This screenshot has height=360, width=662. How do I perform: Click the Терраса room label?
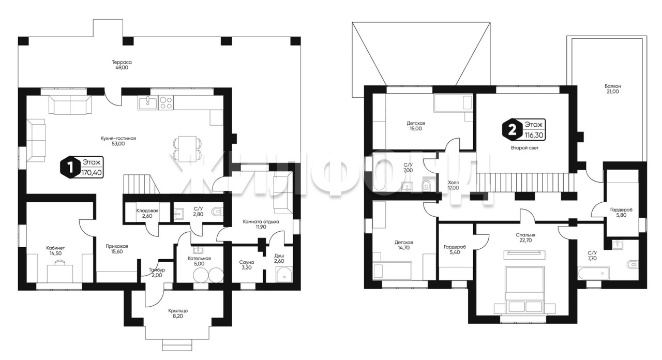(x=122, y=62)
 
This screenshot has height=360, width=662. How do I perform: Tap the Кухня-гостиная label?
(x=118, y=138)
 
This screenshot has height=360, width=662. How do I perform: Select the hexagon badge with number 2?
(x=512, y=130)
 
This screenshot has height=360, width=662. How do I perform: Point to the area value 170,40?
(x=92, y=172)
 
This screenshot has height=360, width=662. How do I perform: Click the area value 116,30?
(x=534, y=135)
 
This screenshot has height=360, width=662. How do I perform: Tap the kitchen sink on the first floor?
(x=148, y=102)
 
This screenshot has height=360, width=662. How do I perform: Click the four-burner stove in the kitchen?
(x=166, y=102)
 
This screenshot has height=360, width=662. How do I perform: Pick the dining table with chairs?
(x=188, y=149)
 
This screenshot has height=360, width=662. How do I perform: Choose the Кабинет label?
(x=55, y=248)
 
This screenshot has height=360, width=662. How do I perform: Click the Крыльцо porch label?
(x=178, y=311)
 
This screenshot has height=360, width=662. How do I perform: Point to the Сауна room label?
(x=247, y=262)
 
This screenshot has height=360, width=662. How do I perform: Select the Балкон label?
(x=613, y=86)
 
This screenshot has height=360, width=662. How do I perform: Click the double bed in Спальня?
(x=524, y=290)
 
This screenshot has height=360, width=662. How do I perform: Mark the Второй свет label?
(x=524, y=148)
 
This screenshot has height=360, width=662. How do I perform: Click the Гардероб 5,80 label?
(x=621, y=210)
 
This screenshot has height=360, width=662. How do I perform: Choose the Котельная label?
(x=199, y=258)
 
